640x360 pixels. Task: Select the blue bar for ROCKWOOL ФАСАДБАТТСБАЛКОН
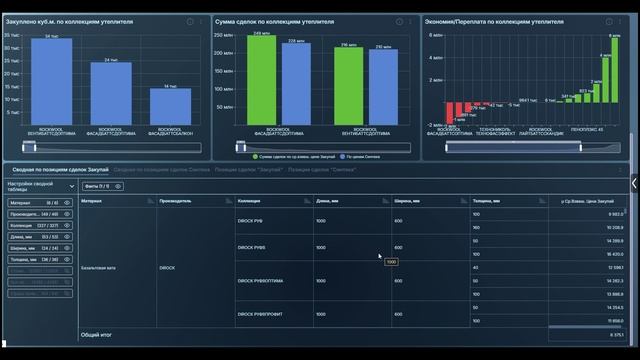coord(170,106)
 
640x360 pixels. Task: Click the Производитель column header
coord(177,200)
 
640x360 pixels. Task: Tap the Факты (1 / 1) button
coord(98,186)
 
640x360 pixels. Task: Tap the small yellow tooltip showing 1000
coord(391,262)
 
